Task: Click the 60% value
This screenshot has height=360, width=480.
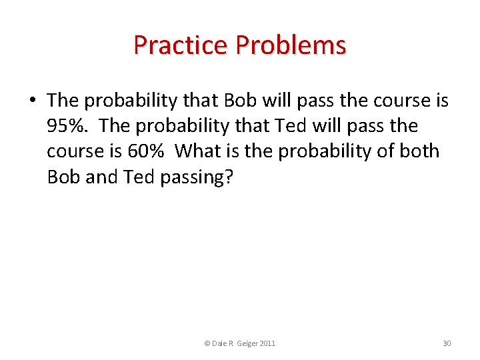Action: pyautogui.click(x=145, y=151)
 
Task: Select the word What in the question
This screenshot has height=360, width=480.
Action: pyautogui.click(x=198, y=151)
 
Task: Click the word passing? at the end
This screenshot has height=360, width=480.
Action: pyautogui.click(x=197, y=177)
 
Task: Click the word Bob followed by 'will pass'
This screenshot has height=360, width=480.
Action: pyautogui.click(x=241, y=101)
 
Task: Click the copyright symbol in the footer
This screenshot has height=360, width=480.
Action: pyautogui.click(x=207, y=343)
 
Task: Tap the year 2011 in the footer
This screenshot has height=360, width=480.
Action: pyautogui.click(x=267, y=343)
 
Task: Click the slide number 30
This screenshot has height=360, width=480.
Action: pyautogui.click(x=447, y=343)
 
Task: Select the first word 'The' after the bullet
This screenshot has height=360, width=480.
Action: pyautogui.click(x=63, y=101)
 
